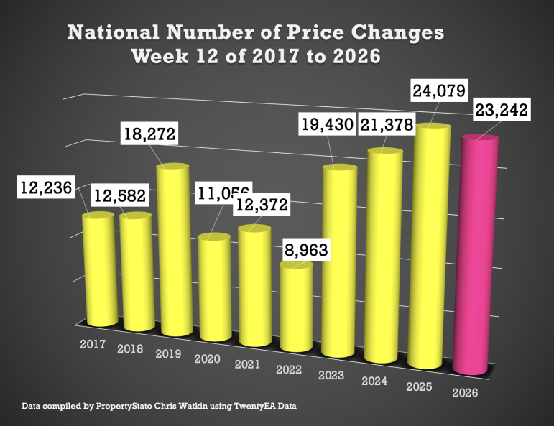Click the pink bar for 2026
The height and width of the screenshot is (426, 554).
coord(476,259)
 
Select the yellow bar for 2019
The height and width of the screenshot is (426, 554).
coord(173,251)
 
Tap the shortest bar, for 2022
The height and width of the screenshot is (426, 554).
coord(295,309)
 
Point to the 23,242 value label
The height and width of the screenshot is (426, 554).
coord(501,111)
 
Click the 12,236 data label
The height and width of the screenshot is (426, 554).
coord(46,189)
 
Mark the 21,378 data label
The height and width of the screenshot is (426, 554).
coord(388,124)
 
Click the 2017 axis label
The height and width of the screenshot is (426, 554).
coord(93,344)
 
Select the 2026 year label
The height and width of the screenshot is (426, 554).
coord(465,392)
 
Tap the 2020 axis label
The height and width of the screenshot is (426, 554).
coord(208,358)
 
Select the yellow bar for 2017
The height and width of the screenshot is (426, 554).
coord(98,269)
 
